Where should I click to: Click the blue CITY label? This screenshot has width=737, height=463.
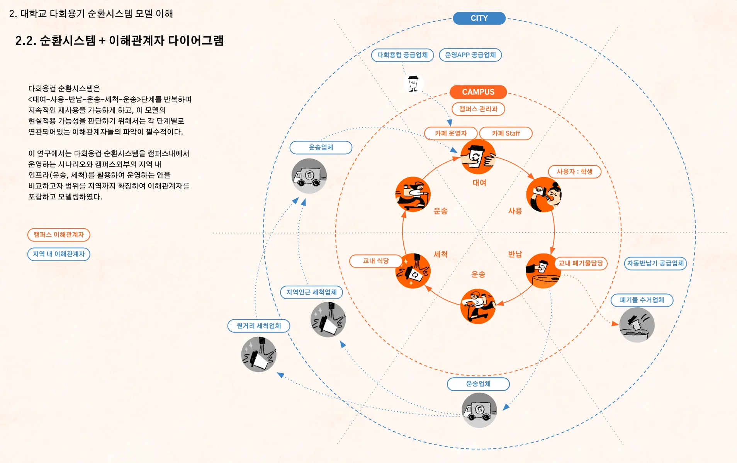pos(479,18)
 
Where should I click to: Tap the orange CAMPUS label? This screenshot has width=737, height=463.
pos(478,92)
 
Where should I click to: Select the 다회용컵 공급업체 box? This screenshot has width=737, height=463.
pos(402,55)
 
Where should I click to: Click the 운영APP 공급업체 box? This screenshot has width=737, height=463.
pos(470,55)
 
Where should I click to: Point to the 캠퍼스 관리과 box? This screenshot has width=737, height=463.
pos(478,109)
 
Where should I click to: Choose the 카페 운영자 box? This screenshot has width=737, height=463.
pos(451,133)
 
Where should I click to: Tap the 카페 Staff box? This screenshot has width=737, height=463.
pos(506,133)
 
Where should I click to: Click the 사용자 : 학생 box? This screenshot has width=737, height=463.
pos(574,172)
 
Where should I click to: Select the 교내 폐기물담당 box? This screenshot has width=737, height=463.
pos(581,263)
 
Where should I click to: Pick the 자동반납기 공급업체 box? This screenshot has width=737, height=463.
pos(655,263)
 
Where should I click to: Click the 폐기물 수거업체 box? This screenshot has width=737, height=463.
pos(642,300)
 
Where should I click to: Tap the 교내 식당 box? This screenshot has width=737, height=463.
pos(375,261)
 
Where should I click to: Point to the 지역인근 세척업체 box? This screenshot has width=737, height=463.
pos(311,292)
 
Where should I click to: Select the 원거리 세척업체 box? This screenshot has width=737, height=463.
pos(258,326)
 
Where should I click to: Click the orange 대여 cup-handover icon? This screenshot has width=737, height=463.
pos(478,157)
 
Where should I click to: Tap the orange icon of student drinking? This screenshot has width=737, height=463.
pos(543,194)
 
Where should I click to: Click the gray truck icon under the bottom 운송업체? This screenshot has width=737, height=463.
pos(479,410)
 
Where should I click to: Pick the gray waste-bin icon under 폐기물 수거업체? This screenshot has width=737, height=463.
pos(637,325)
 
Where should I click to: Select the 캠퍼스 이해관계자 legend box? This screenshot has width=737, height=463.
pos(59,235)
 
